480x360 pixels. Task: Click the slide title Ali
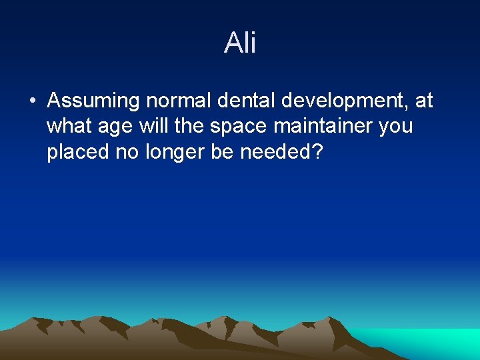[240, 43]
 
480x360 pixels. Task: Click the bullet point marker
[33, 102]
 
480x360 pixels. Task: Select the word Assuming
[93, 101]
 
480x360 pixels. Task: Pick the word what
[68, 126]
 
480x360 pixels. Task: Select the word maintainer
[320, 126]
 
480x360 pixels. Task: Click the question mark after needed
[317, 151]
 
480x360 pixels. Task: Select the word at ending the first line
[424, 101]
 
